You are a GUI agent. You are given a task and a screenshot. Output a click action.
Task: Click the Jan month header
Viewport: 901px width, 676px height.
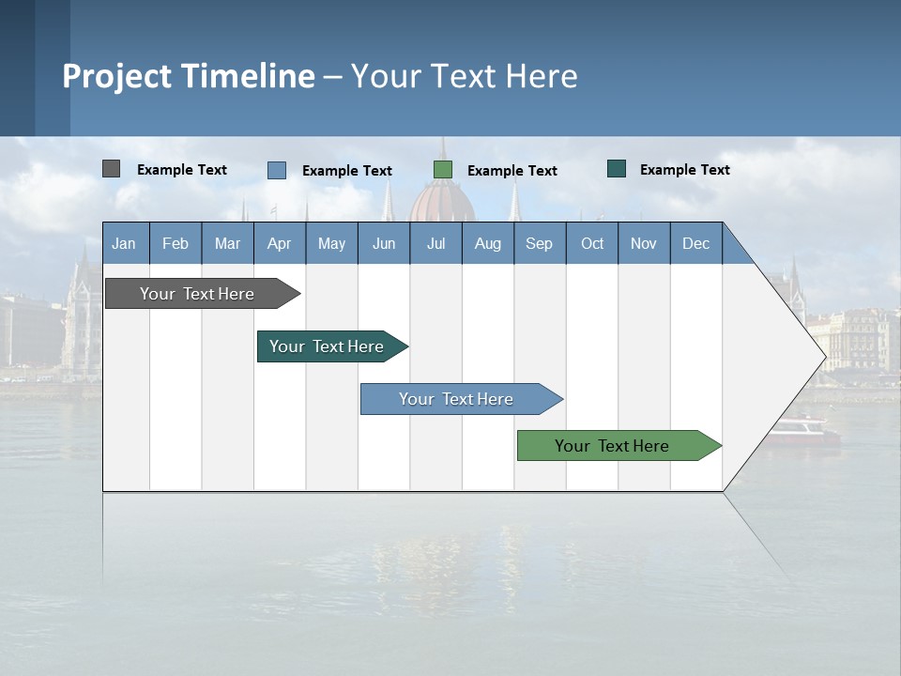(x=124, y=243)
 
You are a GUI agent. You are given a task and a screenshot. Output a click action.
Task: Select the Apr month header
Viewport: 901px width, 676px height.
(x=279, y=243)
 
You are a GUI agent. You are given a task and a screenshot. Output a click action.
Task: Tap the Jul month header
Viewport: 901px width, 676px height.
(x=435, y=243)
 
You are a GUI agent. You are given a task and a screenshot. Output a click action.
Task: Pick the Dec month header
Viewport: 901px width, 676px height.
(x=695, y=243)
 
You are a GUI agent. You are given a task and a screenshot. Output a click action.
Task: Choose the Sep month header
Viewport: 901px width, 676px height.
(x=539, y=243)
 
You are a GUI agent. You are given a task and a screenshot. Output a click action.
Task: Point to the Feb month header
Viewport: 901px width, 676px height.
(x=176, y=243)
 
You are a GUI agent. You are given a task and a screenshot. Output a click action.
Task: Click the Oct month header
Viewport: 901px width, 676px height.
(x=592, y=243)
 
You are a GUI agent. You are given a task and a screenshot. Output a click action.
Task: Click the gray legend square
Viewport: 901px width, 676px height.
(x=112, y=169)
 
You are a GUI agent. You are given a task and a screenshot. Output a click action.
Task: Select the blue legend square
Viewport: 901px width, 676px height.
(x=277, y=170)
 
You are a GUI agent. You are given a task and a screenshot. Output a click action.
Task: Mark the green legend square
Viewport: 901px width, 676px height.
(x=443, y=170)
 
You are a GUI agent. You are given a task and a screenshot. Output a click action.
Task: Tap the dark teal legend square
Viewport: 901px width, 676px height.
(x=617, y=169)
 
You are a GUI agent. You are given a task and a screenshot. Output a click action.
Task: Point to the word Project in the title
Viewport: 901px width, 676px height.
(x=116, y=76)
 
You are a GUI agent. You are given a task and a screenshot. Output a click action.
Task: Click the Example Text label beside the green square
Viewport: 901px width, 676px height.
(x=512, y=171)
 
